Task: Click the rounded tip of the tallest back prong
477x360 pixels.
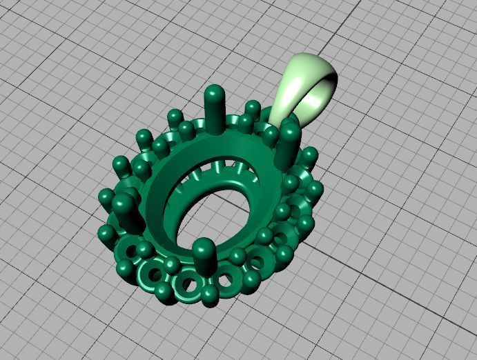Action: pyautogui.click(x=215, y=91)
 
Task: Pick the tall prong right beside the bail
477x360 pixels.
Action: pyautogui.click(x=289, y=145)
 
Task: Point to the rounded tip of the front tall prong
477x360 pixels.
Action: pyautogui.click(x=202, y=247)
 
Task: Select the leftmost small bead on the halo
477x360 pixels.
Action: pyautogui.click(x=106, y=233)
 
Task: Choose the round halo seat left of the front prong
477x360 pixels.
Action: pyautogui.click(x=186, y=283)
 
